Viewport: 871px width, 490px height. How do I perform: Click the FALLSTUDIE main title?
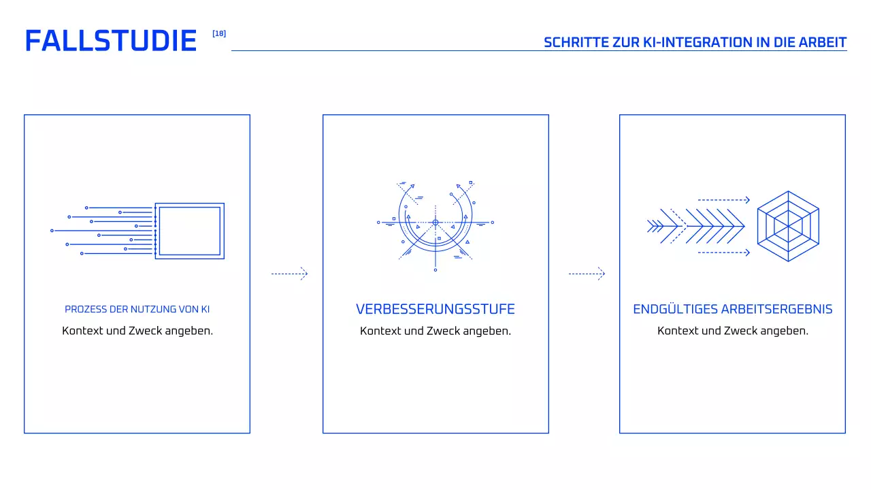110,42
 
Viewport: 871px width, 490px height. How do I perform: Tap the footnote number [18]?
219,33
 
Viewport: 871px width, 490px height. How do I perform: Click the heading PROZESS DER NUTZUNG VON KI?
137,309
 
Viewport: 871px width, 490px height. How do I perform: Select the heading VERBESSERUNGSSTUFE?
435,309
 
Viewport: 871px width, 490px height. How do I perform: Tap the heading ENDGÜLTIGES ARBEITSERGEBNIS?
733,309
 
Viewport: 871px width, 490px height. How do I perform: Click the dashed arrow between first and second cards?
289,274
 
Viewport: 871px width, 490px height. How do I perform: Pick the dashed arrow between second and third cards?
587,274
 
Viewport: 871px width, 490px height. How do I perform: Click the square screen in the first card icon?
189,231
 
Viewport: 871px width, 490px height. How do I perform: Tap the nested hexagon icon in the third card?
788,227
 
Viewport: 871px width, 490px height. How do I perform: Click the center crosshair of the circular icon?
435,222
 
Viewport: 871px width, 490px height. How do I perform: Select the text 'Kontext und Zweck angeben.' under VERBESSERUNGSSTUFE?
435,331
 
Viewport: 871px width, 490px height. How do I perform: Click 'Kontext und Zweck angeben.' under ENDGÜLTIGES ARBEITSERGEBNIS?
733,331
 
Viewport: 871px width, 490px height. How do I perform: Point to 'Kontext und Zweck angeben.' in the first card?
137,331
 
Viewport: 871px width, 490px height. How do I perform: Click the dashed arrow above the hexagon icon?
723,200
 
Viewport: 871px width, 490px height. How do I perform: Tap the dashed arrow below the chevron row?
723,252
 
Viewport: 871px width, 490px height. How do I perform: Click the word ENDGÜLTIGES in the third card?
674,309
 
